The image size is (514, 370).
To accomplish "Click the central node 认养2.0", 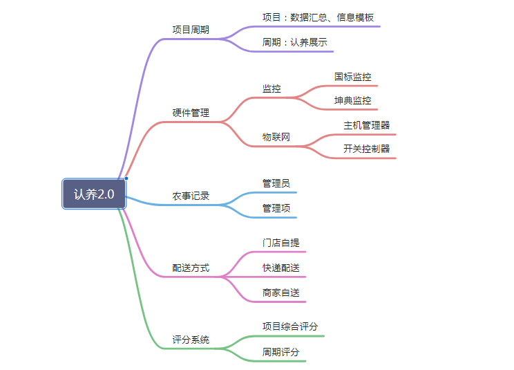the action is click(94, 194).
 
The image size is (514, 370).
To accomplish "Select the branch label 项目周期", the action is click(191, 30).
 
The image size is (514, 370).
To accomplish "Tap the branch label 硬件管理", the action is click(191, 113).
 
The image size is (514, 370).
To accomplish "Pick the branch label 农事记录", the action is click(191, 196).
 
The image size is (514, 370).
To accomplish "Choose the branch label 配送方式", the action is click(191, 268).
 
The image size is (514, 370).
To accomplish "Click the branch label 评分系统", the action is click(191, 340).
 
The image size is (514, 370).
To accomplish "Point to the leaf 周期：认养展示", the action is click(295, 42).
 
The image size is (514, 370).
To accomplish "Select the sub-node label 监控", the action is click(272, 89).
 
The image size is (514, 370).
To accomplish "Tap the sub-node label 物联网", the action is click(276, 137).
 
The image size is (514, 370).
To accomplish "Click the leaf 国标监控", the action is click(353, 77).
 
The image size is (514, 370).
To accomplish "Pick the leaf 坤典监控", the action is click(353, 100).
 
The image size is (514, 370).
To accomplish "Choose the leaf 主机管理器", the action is click(366, 125).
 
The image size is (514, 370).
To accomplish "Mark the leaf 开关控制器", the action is click(366, 149).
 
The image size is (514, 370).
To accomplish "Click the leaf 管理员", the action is click(276, 183).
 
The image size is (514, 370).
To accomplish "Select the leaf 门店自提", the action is click(281, 243).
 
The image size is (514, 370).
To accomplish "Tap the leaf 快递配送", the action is click(281, 268).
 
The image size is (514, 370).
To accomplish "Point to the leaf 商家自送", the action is click(281, 293).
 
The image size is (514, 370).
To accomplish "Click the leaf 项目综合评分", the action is click(290, 326).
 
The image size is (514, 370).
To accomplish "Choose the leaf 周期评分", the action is click(281, 352).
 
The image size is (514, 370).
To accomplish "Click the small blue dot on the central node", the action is click(126, 178).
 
